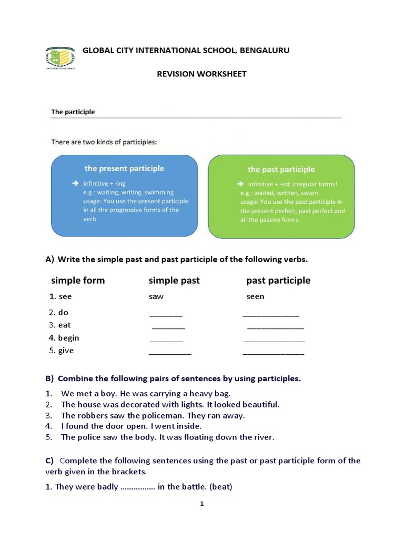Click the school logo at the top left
[x=59, y=58]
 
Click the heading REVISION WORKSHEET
[x=201, y=74]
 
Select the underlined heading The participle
[x=73, y=112]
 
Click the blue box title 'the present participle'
[x=124, y=168]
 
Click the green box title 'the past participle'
[x=281, y=169]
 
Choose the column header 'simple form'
[x=78, y=280]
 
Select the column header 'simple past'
[x=174, y=280]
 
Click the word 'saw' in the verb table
[x=156, y=296]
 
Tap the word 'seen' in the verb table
[x=255, y=296]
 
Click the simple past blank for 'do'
[x=166, y=315]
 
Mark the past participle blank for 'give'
[x=273, y=353]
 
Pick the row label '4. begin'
[x=64, y=338]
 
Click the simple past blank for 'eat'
[x=168, y=327]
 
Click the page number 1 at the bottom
[x=201, y=504]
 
